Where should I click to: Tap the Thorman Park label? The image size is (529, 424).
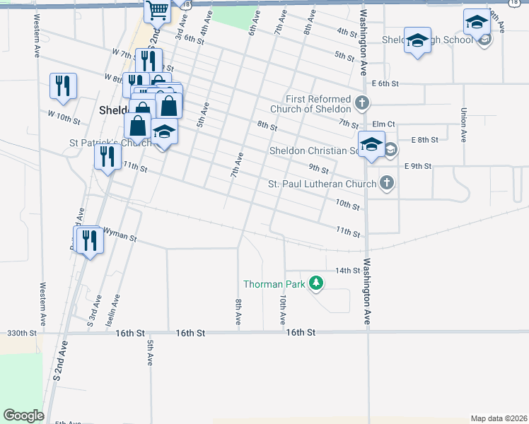pos(274,284)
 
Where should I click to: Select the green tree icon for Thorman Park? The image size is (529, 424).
pos(315,284)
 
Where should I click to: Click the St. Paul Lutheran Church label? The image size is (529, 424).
pos(322,184)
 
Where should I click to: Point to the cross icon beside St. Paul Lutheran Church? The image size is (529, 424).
pos(386,184)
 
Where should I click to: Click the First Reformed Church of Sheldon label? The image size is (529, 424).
pos(318,104)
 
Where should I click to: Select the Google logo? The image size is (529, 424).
pos(24,416)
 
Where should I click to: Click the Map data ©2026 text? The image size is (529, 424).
pos(498,418)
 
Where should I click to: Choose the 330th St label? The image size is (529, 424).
pos(21,332)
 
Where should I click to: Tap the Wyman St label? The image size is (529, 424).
pos(120,235)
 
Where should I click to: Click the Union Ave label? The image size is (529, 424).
pos(463,124)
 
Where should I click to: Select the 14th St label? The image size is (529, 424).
pos(348,271)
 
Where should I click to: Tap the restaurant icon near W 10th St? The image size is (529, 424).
pos(64,86)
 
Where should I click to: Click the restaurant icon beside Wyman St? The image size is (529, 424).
pos(89,240)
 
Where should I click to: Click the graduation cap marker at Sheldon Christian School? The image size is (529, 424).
pos(371,145)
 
